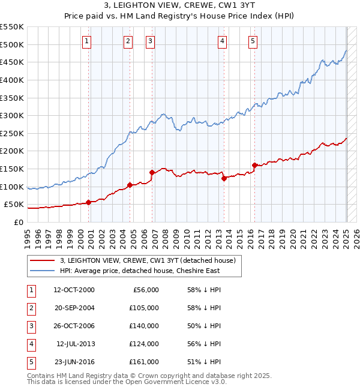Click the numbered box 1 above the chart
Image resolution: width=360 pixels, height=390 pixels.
pos(87,41)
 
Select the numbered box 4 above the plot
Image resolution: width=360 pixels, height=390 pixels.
pos(222,41)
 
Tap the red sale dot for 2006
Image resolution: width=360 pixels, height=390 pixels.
pos(152,173)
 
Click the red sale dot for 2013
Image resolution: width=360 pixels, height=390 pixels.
pos(224,178)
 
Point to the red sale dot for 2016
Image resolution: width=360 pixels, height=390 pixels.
pos(254,165)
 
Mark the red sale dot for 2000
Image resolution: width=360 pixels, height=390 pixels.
pos(89,202)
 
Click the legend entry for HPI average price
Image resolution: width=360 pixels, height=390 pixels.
pos(139,271)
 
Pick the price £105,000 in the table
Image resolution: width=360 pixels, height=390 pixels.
pos(145,308)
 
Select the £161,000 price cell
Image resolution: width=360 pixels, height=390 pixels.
pos(145,362)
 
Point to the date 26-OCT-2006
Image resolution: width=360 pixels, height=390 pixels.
pos(74,326)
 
